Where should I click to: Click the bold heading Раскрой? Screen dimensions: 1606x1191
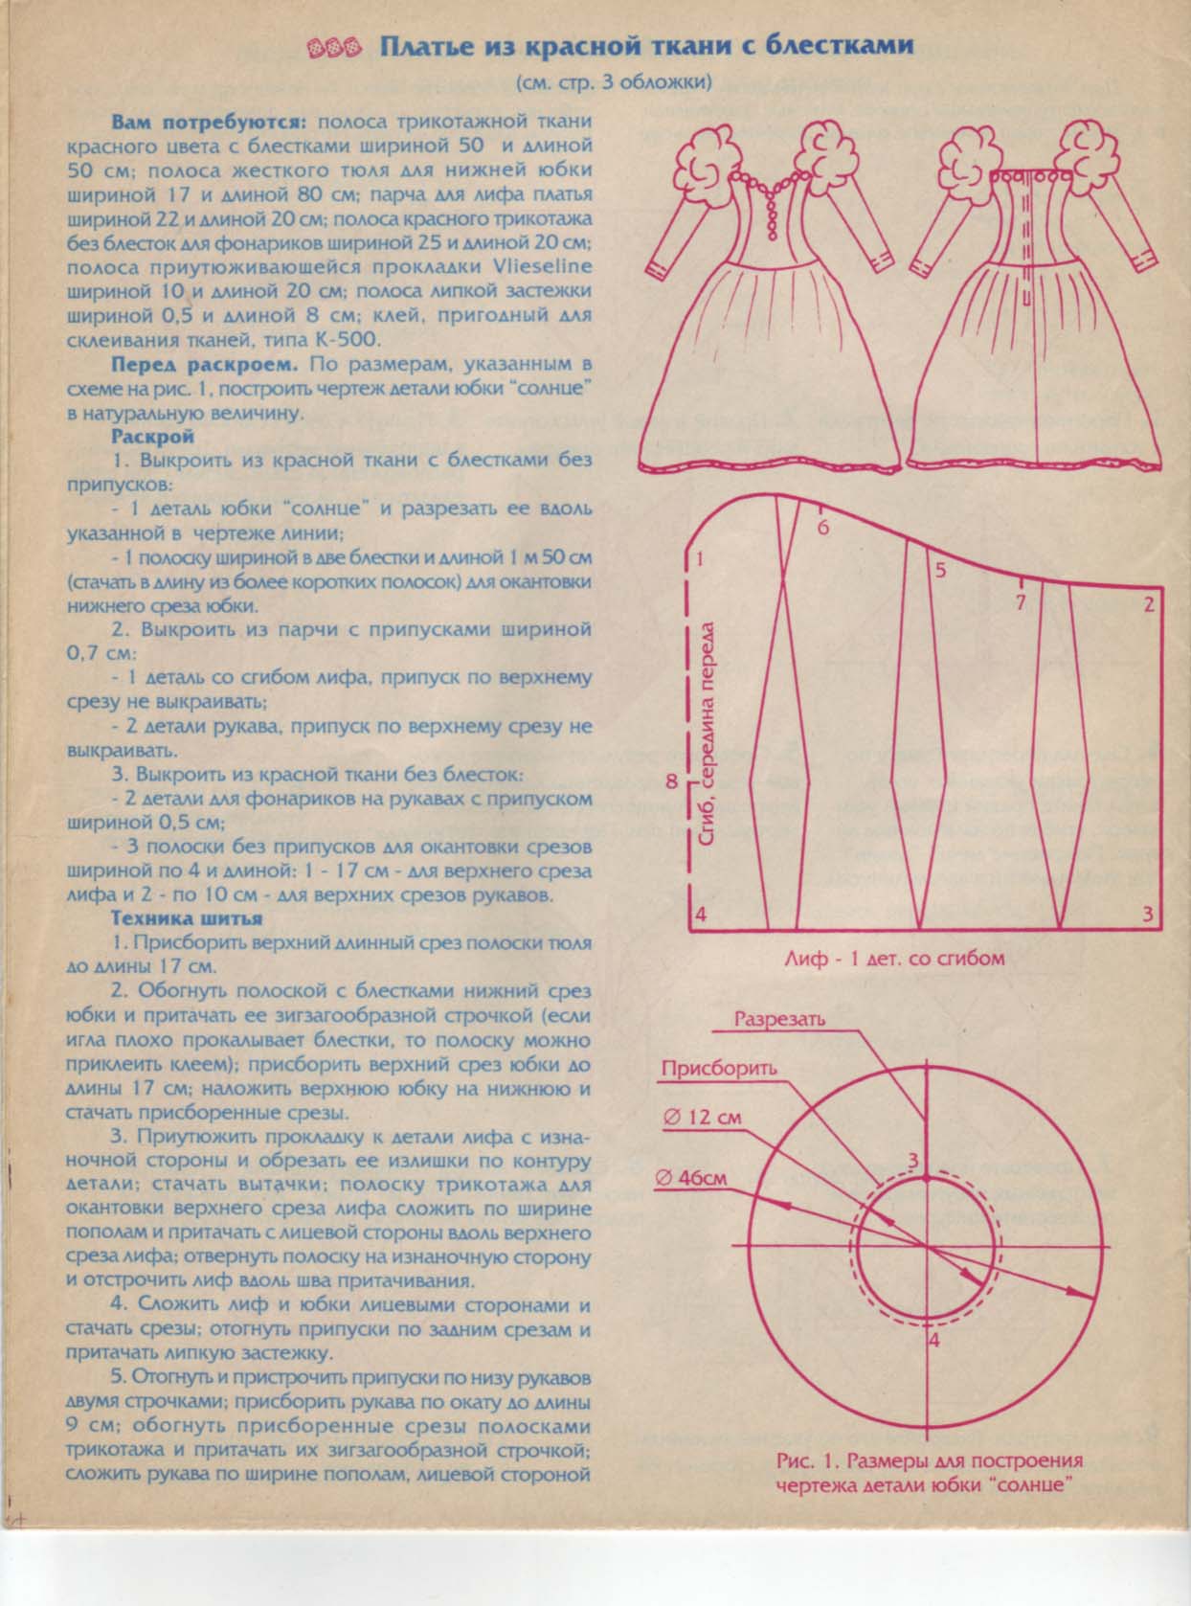153,436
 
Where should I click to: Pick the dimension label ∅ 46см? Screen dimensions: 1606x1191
692,1179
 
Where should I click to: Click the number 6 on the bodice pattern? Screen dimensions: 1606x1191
823,528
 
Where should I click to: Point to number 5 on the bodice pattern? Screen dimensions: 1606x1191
939,571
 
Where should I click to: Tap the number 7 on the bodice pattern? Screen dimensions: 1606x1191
1021,603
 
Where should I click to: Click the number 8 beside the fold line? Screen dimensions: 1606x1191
672,781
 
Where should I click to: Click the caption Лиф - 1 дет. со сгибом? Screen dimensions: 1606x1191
894,958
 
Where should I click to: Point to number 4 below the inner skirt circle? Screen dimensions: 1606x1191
934,1341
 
